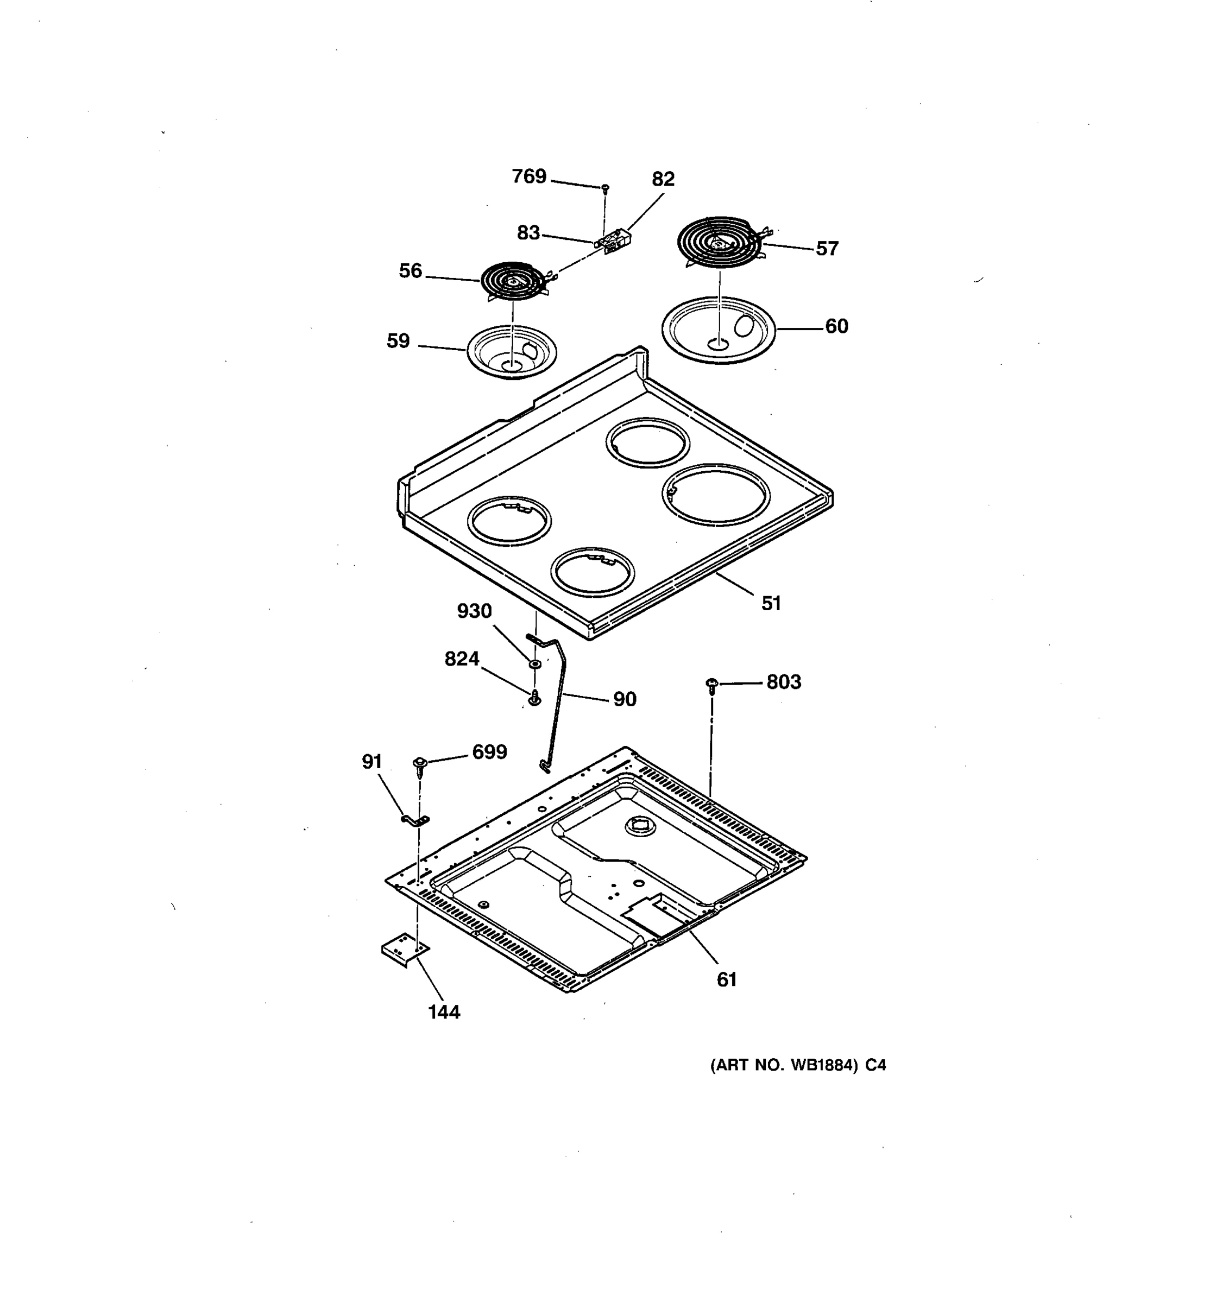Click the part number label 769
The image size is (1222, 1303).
pos(528,176)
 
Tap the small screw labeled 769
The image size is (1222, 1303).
pos(605,188)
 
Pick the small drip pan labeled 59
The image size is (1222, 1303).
pos(512,351)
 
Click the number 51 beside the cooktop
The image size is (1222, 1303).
pos(771,604)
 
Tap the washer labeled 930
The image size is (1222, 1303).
pos(535,665)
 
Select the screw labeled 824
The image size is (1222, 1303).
pos(535,698)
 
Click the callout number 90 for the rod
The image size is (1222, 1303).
pos(624,699)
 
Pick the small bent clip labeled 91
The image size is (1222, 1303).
pos(415,819)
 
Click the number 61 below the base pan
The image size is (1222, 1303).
pos(726,980)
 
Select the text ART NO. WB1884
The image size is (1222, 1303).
pos(784,1066)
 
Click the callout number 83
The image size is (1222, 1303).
pos(528,233)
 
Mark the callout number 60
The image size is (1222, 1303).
pos(836,326)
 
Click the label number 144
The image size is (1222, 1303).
pos(444,1013)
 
